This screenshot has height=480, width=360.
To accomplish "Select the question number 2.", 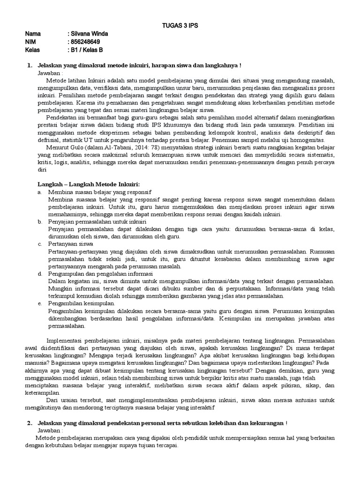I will pos(29,423).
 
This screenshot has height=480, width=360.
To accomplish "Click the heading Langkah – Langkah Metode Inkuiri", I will pos(89,183).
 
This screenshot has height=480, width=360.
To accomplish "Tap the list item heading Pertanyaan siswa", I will pos(71,244).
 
